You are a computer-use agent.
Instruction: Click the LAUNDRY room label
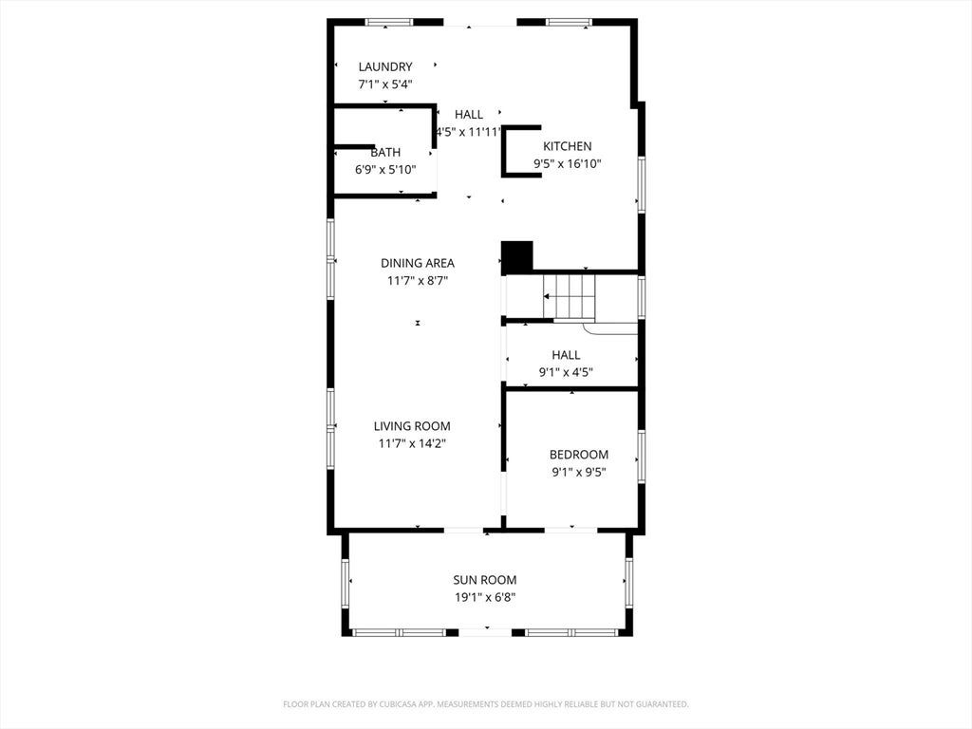pos(385,67)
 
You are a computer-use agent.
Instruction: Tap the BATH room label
pos(385,153)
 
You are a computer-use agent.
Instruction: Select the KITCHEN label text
pos(568,146)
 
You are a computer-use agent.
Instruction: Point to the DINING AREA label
pos(418,263)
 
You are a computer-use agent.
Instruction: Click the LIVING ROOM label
pos(412,426)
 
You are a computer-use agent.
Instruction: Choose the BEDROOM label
pos(579,455)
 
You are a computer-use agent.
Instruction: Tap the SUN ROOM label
pos(485,580)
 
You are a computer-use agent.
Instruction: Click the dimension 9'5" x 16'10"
pos(568,163)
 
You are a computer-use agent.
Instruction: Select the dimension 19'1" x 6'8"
pos(485,598)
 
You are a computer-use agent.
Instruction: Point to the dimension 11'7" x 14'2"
pos(412,443)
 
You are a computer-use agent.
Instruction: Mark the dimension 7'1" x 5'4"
pos(385,84)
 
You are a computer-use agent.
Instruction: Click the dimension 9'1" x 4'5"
pos(566,372)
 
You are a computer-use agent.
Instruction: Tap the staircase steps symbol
pos(570,296)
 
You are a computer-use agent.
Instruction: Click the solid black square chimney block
pos(517,256)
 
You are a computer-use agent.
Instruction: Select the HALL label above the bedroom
pos(566,355)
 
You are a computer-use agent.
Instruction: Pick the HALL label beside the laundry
pos(469,114)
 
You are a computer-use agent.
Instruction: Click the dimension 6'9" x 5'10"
pos(385,169)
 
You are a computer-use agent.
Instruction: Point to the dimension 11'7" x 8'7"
pos(418,280)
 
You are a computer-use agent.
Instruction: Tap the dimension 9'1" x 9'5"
pos(579,472)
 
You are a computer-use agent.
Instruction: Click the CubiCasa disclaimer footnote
pos(486,704)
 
